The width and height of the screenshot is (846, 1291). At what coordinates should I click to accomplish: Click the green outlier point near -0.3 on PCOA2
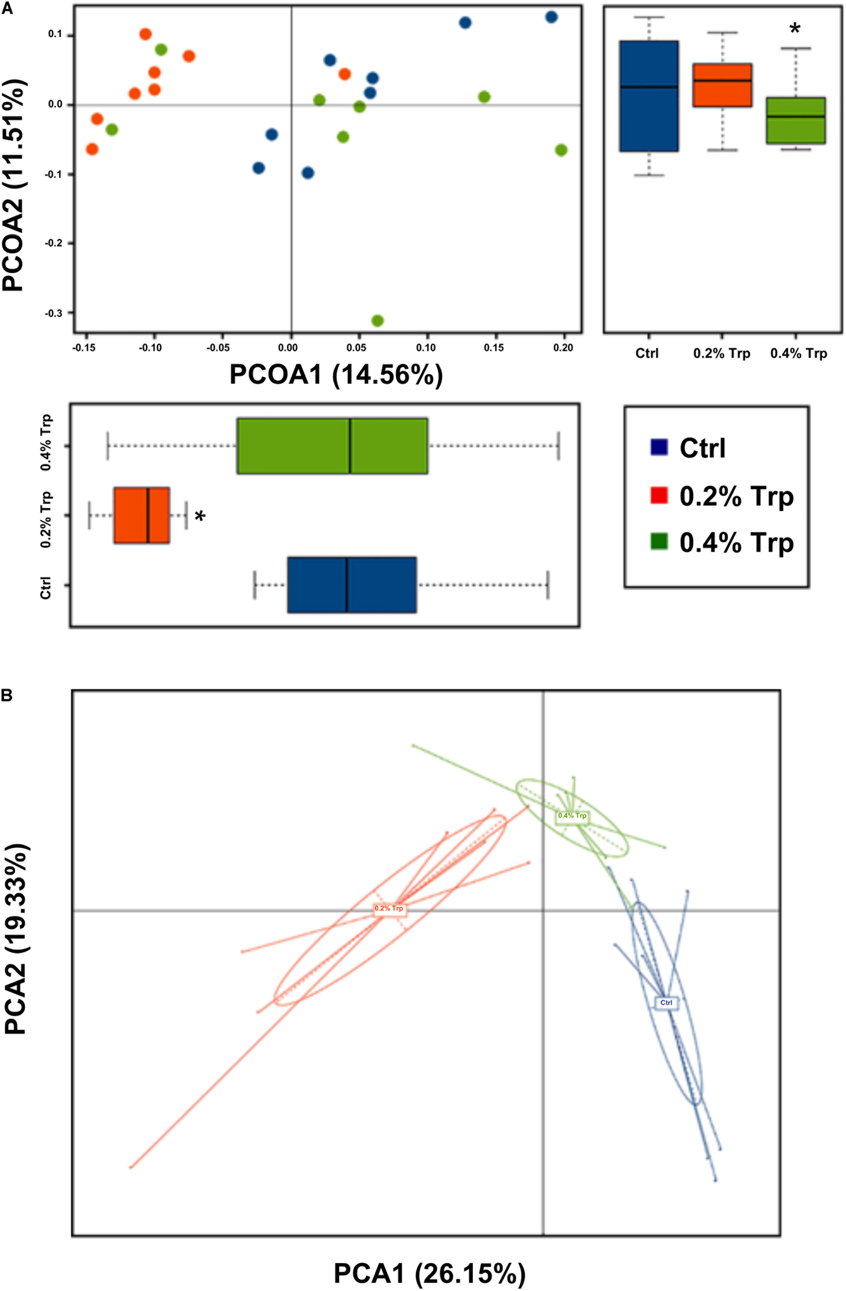377,321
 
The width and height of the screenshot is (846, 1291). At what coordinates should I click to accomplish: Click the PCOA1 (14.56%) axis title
336,375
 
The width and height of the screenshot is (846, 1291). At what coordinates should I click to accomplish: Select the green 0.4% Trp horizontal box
332,446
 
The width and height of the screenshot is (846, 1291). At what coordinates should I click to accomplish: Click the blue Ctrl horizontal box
352,585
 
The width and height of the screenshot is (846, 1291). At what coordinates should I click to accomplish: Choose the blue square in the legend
658,448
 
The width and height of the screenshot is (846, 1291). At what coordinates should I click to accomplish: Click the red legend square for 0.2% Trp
658,495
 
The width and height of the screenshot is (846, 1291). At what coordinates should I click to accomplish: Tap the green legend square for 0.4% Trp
658,541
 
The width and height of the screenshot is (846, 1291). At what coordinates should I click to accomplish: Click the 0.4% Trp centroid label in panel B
572,816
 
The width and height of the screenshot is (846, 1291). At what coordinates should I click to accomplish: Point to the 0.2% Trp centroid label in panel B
389,908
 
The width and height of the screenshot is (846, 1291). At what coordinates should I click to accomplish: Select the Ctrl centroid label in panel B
666,1002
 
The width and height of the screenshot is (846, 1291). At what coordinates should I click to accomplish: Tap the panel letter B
7,696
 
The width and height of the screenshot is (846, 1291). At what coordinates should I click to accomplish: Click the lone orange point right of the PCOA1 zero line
344,74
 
